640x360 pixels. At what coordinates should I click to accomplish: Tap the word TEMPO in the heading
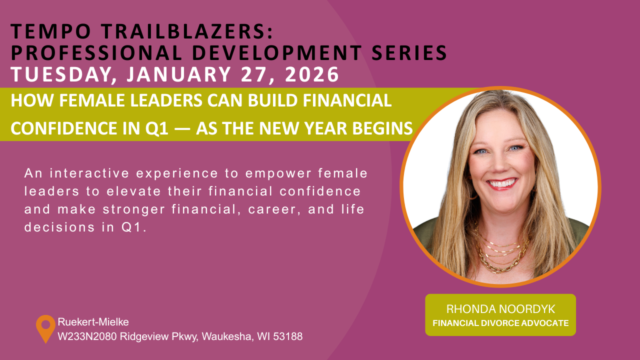coord(51,31)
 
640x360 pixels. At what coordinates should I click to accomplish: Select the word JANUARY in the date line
coord(178,74)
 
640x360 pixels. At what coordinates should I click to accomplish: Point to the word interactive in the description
coord(89,173)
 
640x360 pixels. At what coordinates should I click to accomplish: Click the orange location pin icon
coord(45,328)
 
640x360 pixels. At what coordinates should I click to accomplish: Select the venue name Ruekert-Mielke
coord(93,322)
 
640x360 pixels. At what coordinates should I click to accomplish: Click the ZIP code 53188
coord(287,336)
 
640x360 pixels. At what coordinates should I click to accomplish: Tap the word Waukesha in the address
coord(227,336)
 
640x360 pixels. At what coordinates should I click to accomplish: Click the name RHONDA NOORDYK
coord(500,309)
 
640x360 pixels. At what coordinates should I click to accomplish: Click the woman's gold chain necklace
coord(501,254)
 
